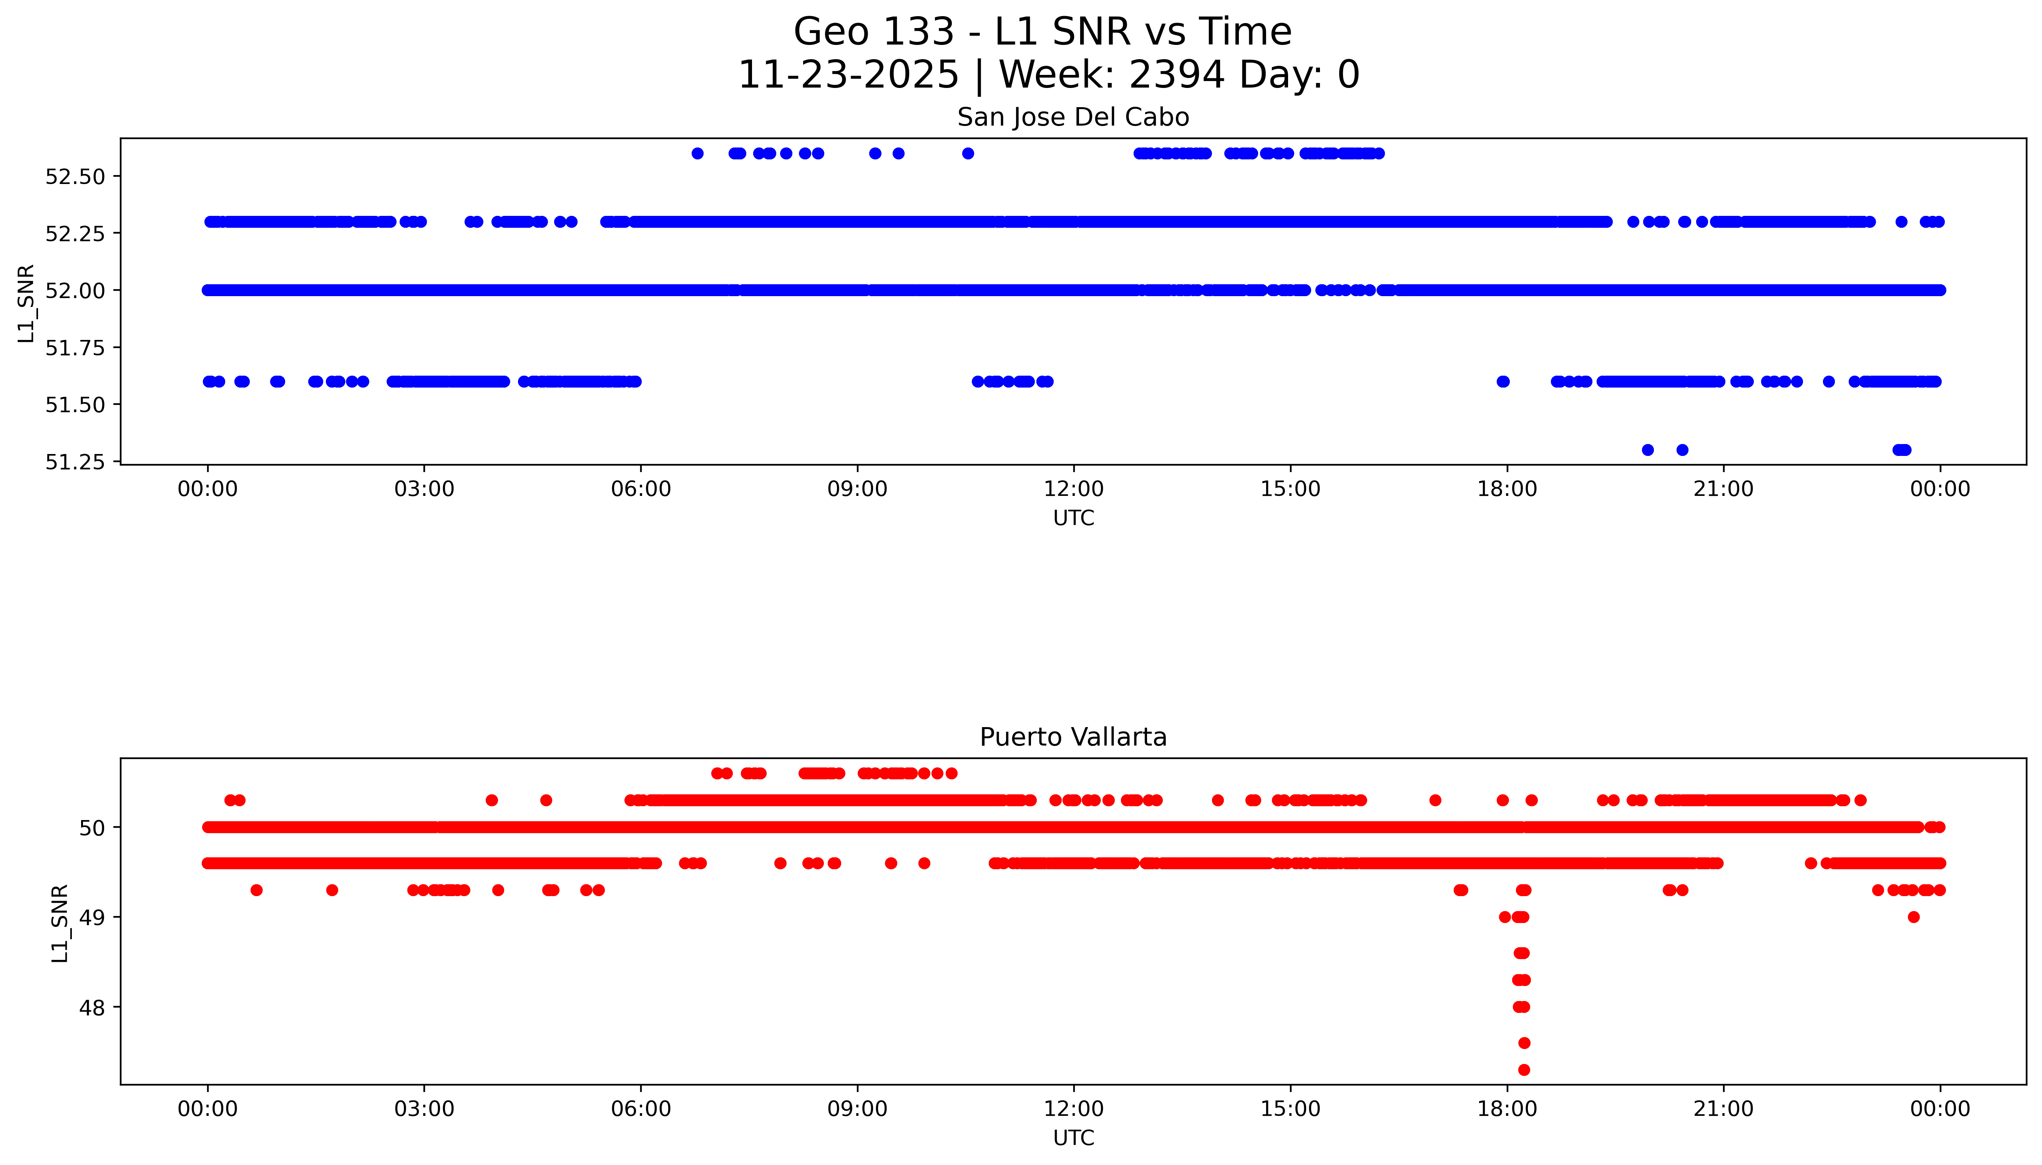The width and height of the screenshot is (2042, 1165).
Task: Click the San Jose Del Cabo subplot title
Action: point(1072,118)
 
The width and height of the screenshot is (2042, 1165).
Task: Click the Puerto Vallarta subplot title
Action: point(1072,737)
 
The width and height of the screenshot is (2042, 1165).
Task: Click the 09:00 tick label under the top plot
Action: point(857,489)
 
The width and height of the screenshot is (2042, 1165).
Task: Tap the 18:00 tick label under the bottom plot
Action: point(1506,1109)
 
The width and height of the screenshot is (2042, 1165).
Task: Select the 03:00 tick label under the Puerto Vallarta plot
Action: point(424,1109)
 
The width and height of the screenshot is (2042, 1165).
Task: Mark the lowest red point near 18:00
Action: point(1524,1070)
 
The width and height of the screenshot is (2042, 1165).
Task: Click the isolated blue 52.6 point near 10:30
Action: point(968,154)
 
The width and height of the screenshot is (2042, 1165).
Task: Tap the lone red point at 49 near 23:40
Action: point(1913,917)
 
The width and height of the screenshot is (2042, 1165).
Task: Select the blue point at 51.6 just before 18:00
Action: point(1502,382)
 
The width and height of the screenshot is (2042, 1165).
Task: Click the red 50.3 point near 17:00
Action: point(1435,800)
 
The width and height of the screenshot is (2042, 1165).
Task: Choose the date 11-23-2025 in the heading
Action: point(848,75)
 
